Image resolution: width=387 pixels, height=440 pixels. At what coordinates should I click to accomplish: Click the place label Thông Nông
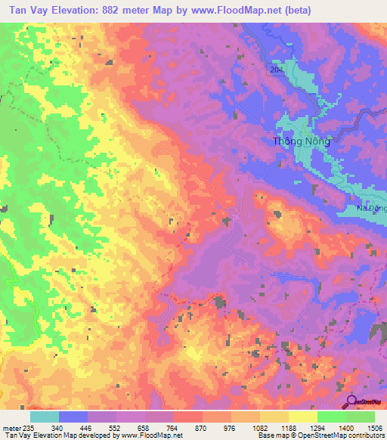pyautogui.click(x=301, y=141)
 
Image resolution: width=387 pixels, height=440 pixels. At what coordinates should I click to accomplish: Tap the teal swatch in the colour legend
pyautogui.click(x=45, y=417)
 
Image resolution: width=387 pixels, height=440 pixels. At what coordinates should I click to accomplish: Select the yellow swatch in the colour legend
pyautogui.click(x=302, y=417)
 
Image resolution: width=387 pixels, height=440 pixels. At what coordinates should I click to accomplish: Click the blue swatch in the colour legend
pyautogui.click(x=73, y=417)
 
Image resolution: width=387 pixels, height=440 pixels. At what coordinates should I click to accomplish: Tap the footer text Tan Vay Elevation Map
pyautogui.click(x=38, y=435)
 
